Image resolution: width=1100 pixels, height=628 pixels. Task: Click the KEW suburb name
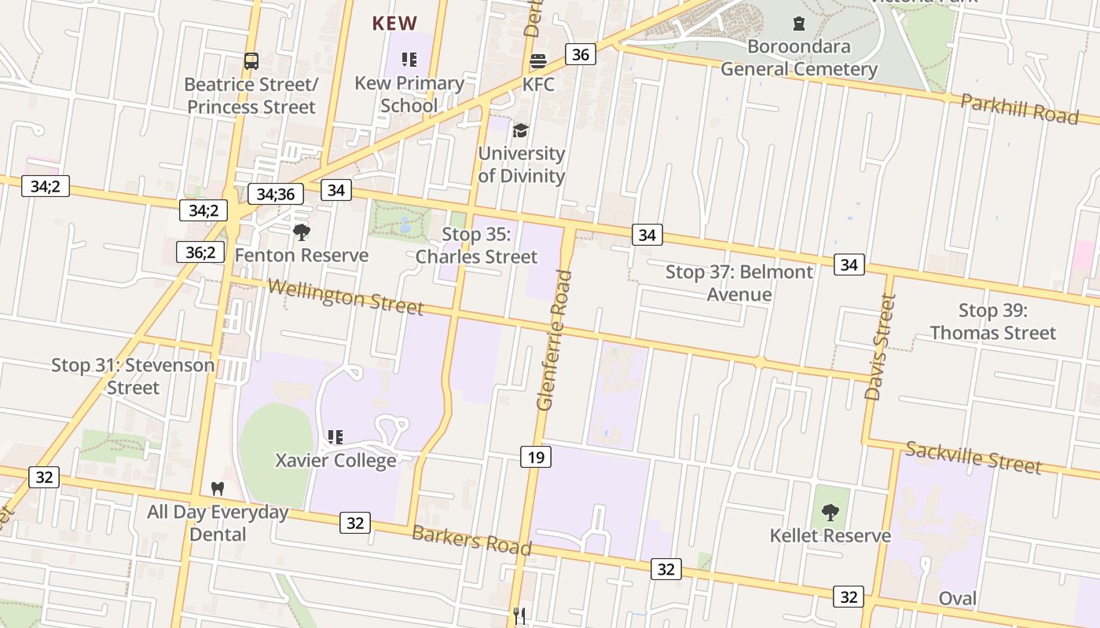pos(394,24)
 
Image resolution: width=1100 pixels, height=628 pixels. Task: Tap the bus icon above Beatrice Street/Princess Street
pos(251,61)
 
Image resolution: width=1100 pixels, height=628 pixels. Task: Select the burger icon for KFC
pos(538,61)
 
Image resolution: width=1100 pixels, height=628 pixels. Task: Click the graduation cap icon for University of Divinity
pos(520,130)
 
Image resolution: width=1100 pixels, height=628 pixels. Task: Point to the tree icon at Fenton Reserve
pos(301,232)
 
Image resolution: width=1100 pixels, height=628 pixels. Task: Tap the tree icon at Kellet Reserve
pos(830,513)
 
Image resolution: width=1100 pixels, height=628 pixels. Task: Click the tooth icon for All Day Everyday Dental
pos(218,488)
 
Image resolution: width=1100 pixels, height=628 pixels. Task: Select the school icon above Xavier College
pos(335,436)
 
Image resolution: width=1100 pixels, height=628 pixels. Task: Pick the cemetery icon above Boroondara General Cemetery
pos(799,24)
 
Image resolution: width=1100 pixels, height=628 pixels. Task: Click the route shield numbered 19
pos(536,457)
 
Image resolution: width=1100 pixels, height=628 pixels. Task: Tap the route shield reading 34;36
pos(275,194)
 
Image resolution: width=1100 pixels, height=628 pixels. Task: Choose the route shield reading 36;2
pos(200,252)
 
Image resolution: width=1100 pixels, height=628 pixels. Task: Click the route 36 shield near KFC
pos(580,54)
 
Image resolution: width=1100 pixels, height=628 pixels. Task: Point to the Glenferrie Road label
pos(552,340)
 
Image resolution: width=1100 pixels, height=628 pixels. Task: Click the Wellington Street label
pos(345,297)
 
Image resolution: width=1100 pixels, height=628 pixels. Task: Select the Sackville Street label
pos(973,457)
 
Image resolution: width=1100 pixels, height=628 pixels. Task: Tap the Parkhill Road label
pos(1019,108)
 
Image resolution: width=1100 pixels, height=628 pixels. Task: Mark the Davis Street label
pos(881,347)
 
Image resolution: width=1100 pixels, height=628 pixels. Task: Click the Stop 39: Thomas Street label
pos(993,321)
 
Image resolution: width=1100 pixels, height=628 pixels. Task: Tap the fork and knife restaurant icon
pos(519,616)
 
